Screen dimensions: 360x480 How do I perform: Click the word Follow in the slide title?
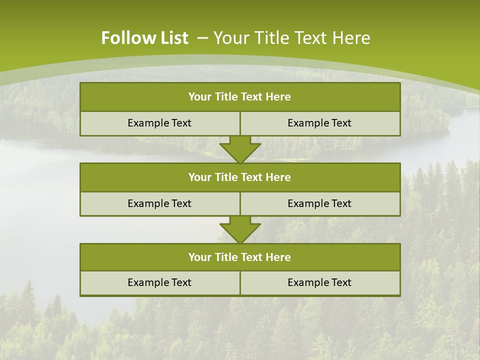(x=125, y=38)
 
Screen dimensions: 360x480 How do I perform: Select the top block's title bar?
(x=240, y=97)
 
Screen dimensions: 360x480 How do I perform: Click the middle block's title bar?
(x=240, y=177)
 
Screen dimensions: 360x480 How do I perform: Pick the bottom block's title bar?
(x=240, y=257)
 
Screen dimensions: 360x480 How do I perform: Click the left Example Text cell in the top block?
(x=159, y=123)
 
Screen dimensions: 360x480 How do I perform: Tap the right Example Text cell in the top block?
(x=320, y=123)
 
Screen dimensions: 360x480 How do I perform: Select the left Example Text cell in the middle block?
(x=159, y=203)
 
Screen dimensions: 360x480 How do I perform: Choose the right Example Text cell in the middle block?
(x=320, y=203)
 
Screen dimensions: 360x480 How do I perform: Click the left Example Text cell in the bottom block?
(x=159, y=282)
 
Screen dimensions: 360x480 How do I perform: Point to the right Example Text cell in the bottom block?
(x=320, y=282)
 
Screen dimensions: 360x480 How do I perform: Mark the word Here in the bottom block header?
(x=278, y=257)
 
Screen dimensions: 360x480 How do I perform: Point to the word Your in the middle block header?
(x=199, y=177)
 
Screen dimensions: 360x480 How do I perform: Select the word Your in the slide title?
(x=228, y=38)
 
